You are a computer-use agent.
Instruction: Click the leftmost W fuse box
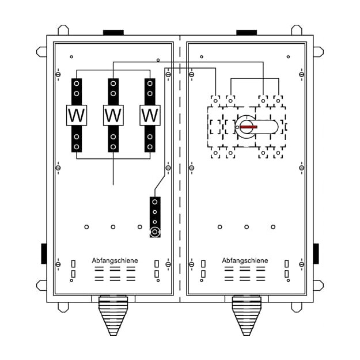[77, 115]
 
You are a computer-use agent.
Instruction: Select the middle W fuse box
[113, 115]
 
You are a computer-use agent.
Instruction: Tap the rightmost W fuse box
[150, 115]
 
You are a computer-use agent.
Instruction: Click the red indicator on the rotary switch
[249, 127]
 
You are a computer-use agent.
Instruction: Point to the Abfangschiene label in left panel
[115, 260]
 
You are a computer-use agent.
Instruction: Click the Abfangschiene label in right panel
[245, 260]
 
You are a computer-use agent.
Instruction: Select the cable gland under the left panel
[113, 316]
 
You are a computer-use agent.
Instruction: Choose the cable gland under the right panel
[247, 316]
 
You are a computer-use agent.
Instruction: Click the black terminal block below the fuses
[155, 217]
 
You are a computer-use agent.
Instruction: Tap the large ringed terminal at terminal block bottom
[155, 232]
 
